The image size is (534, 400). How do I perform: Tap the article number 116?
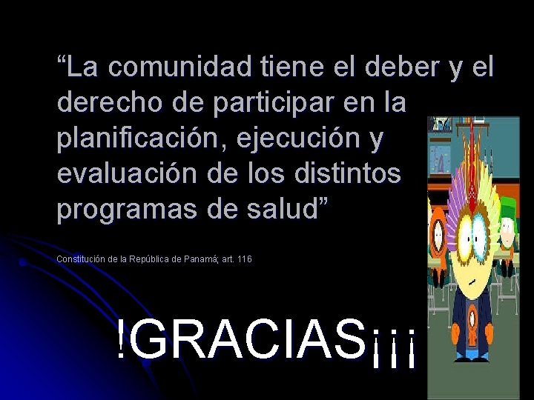point(245,259)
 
